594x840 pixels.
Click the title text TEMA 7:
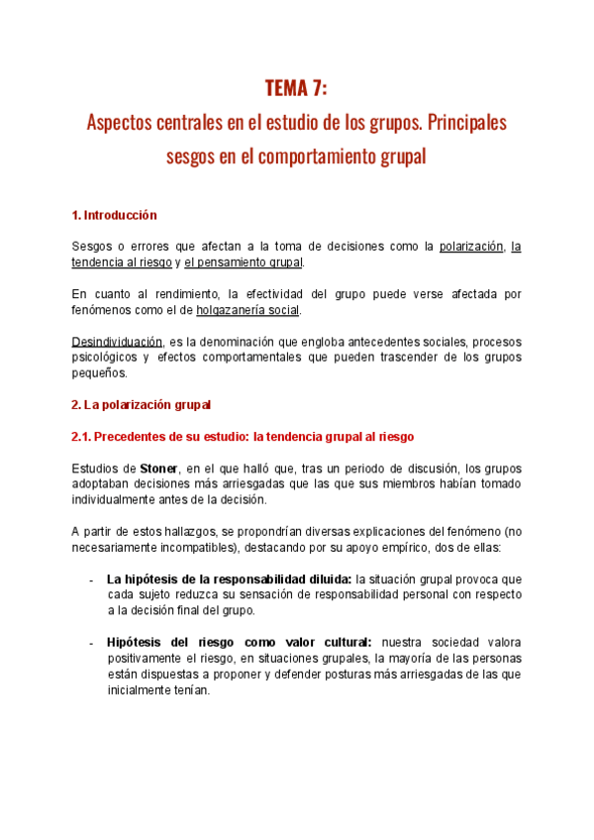coord(296,90)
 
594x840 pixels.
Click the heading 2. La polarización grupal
coord(141,404)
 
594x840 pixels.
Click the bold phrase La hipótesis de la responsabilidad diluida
coord(229,578)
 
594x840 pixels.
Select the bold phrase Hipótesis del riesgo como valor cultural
coord(239,642)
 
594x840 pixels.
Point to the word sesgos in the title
coord(194,157)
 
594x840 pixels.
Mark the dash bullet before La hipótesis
coord(91,579)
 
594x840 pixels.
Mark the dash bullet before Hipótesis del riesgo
coord(91,643)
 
